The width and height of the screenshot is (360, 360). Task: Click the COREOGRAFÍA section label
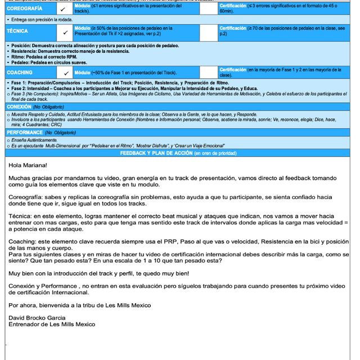point(22,9)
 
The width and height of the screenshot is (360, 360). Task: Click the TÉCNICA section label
point(17,31)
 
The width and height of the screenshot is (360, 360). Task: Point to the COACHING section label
point(20,73)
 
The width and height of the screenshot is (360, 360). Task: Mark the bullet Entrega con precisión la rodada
point(40,20)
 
